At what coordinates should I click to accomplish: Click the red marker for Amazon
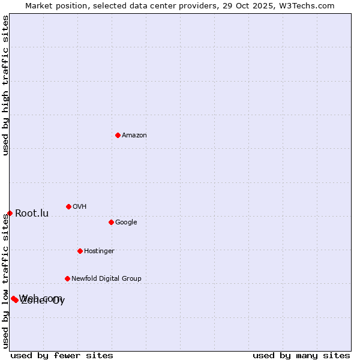tap(118, 135)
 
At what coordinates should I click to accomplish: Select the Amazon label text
tap(134, 136)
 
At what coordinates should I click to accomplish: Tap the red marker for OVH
tap(68, 206)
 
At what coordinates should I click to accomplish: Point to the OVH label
tap(80, 207)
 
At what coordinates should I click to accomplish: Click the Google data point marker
tap(111, 222)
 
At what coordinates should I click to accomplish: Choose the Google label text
tap(126, 223)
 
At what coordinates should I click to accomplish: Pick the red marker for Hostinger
tap(80, 251)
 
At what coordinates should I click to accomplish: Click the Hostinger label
tap(99, 251)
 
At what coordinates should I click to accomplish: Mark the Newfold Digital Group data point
tap(67, 278)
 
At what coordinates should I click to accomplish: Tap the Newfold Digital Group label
tap(106, 279)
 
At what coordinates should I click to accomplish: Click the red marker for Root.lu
tap(10, 213)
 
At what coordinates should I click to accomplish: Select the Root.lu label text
tap(32, 214)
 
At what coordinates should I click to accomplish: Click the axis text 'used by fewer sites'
tap(62, 356)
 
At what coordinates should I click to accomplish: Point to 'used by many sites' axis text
tap(301, 356)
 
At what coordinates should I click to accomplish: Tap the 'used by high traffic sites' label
tap(6, 85)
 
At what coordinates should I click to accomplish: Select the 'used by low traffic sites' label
tap(6, 281)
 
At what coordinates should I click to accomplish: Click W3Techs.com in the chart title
tap(308, 5)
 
